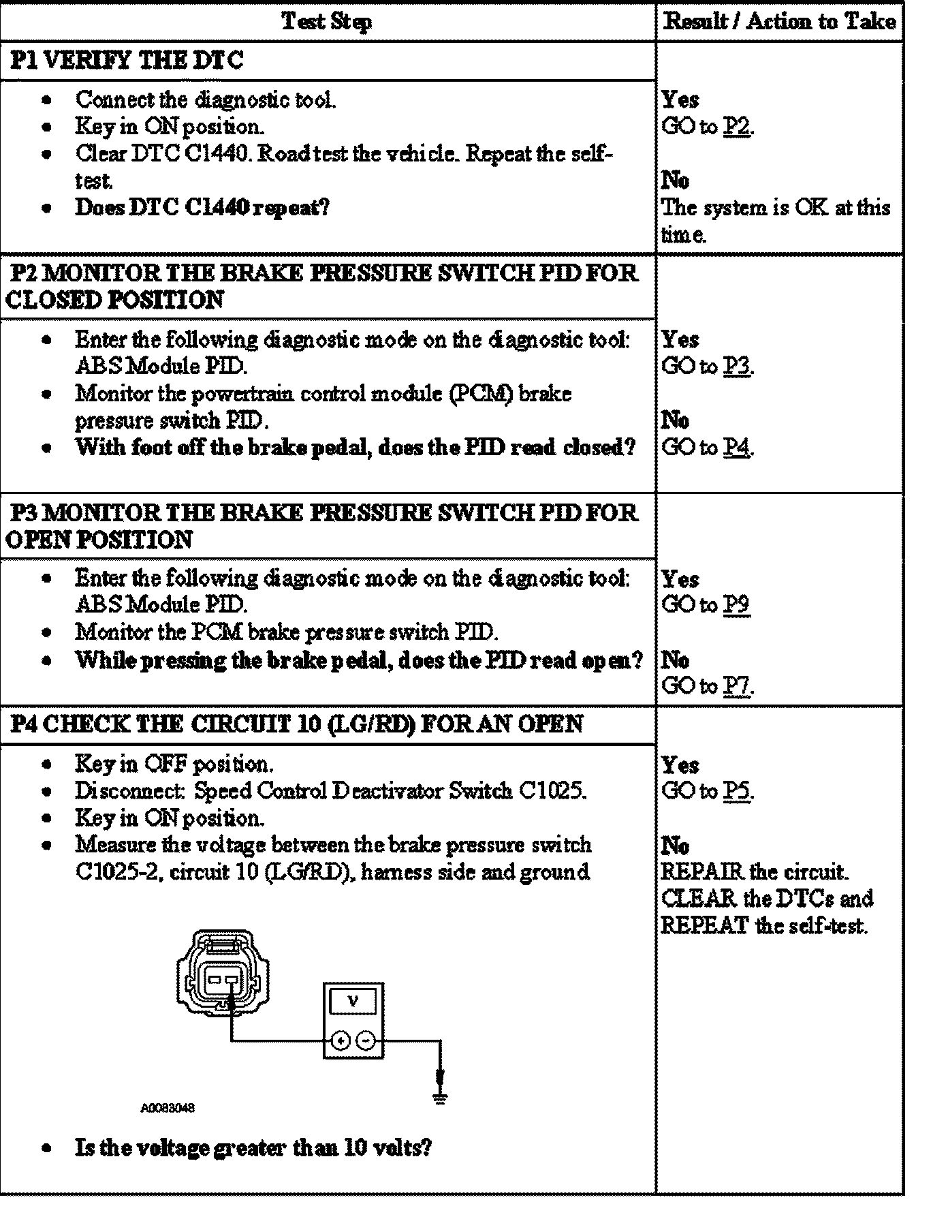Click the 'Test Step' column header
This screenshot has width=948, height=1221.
[326, 22]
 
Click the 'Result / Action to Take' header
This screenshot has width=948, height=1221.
[779, 22]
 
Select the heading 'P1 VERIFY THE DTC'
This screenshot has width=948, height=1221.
[127, 61]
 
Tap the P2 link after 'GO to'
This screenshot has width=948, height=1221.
[737, 127]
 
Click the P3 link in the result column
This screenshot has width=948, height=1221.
[737, 367]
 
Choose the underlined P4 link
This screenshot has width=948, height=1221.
[737, 448]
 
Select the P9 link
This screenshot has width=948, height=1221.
[737, 605]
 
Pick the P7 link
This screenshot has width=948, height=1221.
[737, 686]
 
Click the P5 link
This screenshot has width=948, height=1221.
[737, 791]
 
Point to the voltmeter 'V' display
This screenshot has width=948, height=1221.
[353, 1002]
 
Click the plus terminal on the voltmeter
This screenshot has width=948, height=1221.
[341, 1040]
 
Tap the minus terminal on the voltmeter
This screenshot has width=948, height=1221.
[366, 1040]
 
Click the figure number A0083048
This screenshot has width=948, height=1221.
[168, 1108]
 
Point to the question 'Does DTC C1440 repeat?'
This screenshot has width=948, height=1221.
[202, 207]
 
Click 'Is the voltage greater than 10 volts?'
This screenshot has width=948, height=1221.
[253, 1148]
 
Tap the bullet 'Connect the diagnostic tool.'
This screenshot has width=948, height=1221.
[205, 100]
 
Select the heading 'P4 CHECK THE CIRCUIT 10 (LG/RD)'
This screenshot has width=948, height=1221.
[297, 724]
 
